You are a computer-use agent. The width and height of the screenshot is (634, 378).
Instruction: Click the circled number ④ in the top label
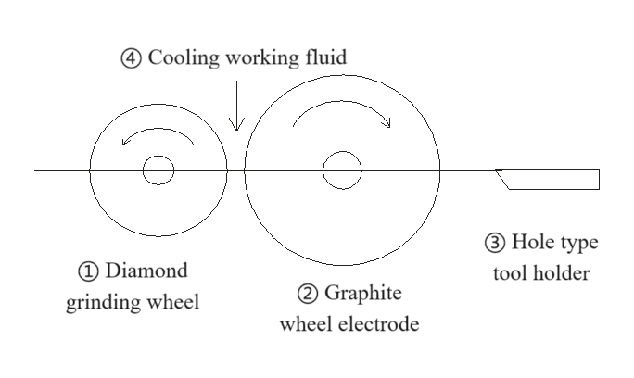click(132, 58)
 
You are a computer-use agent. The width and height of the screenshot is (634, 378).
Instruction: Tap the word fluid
click(324, 57)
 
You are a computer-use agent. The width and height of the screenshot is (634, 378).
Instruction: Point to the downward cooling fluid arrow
click(236, 107)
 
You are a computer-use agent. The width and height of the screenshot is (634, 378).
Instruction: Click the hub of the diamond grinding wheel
click(158, 170)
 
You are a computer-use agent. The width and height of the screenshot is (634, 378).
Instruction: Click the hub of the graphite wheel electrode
click(341, 170)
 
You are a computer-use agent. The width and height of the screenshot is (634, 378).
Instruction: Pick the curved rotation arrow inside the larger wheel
click(341, 113)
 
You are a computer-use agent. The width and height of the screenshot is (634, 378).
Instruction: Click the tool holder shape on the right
click(552, 179)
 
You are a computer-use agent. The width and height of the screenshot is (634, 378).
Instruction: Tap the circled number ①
click(88, 272)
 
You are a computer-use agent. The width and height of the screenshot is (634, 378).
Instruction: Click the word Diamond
click(146, 271)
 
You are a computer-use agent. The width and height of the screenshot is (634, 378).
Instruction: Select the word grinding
click(102, 302)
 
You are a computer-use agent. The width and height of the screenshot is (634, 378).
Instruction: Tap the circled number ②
click(307, 295)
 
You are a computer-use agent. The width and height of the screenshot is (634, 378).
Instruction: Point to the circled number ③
click(495, 244)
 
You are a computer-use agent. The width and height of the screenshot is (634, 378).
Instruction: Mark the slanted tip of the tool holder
click(503, 179)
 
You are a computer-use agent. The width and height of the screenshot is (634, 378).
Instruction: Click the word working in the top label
click(257, 58)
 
